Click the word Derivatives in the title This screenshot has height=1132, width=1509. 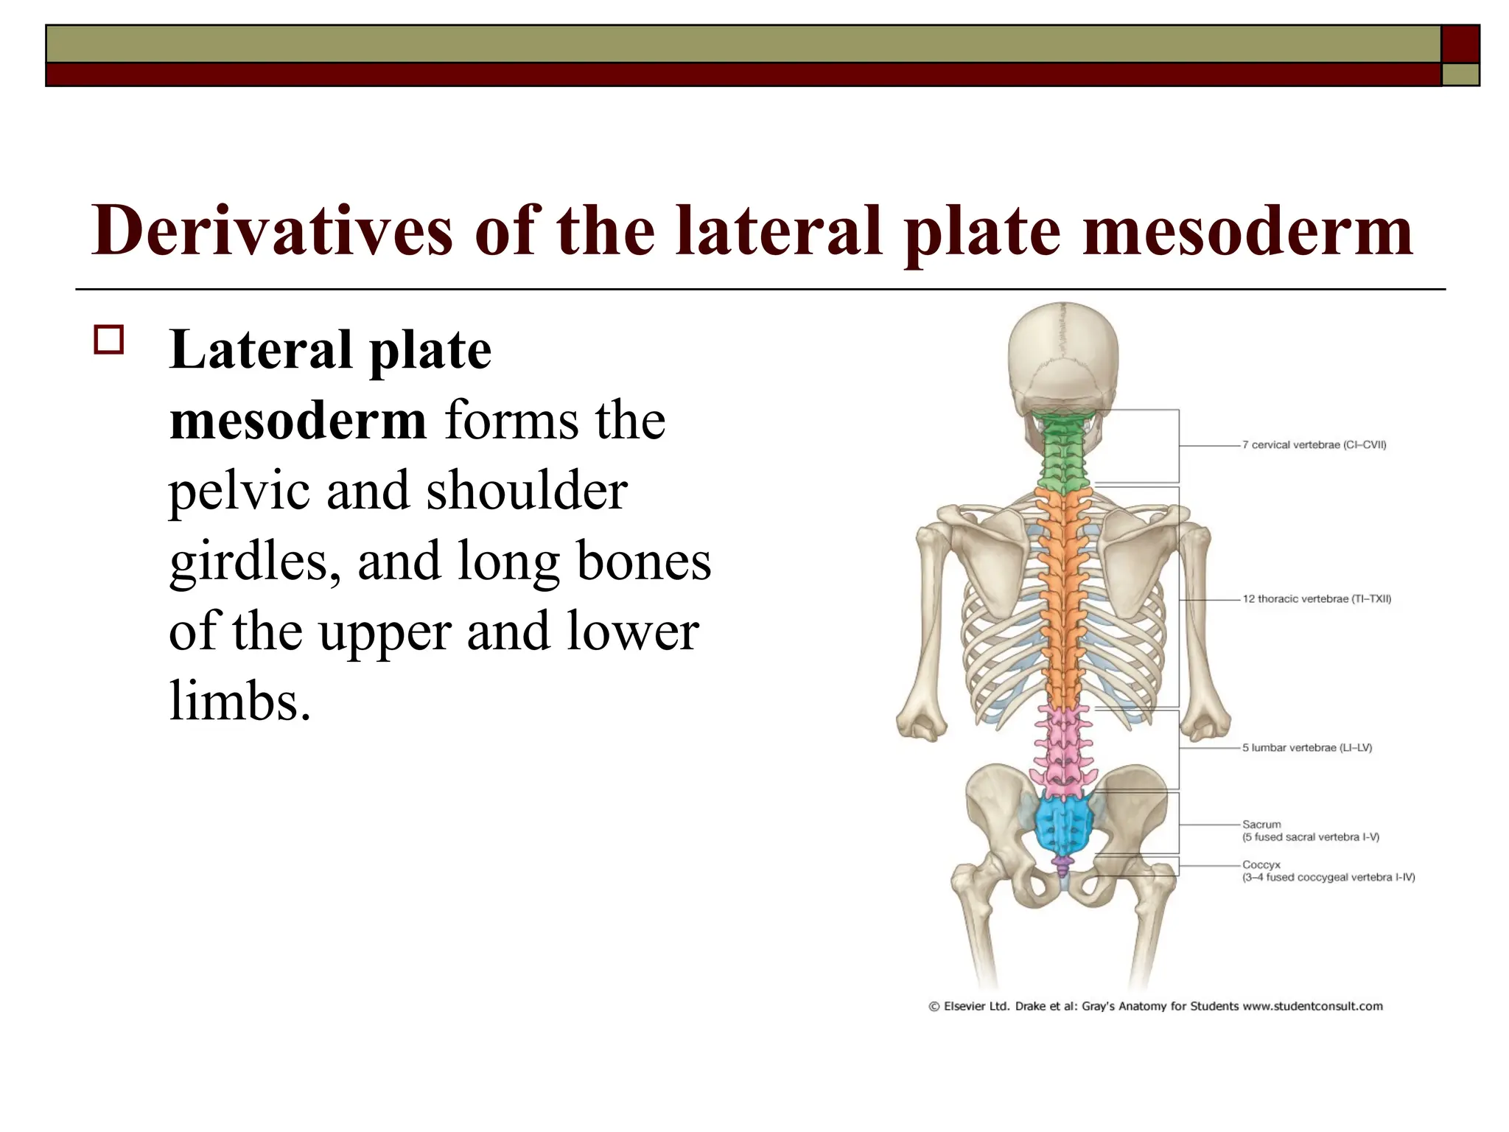coord(271,231)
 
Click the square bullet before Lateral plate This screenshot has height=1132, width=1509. coord(109,340)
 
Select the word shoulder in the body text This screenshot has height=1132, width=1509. coord(527,491)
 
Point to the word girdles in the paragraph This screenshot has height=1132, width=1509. coord(255,562)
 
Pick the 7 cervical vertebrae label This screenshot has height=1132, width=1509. coord(1314,445)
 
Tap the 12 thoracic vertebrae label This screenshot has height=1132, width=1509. coord(1317,599)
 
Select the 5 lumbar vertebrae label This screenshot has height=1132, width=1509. coord(1307,748)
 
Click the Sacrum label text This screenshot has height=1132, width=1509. coord(1261,825)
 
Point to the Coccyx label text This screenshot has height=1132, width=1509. coord(1261,865)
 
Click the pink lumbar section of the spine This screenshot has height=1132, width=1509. coord(1062,752)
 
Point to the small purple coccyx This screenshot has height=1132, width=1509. coord(1062,866)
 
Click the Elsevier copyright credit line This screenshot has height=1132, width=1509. coord(1155,1007)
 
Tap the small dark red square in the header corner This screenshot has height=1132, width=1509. coord(1460,44)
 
